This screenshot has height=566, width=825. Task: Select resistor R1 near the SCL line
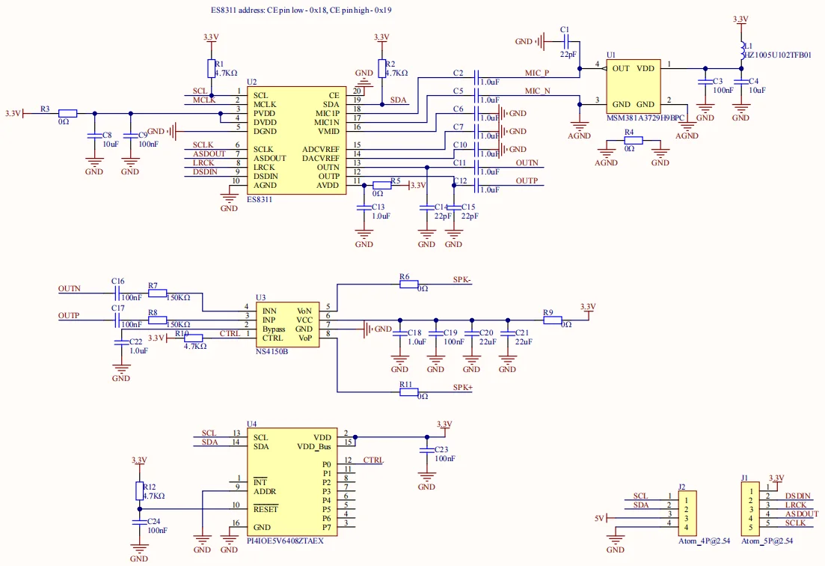point(211,69)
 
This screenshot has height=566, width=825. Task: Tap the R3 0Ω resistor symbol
point(67,114)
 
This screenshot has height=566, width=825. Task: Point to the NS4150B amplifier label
point(272,350)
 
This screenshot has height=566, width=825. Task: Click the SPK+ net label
point(462,387)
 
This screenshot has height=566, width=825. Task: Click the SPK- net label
point(461,280)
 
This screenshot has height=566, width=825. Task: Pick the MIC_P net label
point(536,73)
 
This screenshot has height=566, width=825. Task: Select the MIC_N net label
point(536,91)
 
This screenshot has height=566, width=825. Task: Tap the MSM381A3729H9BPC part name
point(645,118)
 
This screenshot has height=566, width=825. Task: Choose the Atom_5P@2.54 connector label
point(766,541)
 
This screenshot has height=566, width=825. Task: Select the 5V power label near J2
point(599,518)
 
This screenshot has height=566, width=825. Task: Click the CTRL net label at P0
point(373,460)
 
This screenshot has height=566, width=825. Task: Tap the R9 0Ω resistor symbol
point(552,320)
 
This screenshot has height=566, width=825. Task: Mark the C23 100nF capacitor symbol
point(426,451)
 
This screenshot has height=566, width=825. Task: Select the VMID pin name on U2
point(328,131)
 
